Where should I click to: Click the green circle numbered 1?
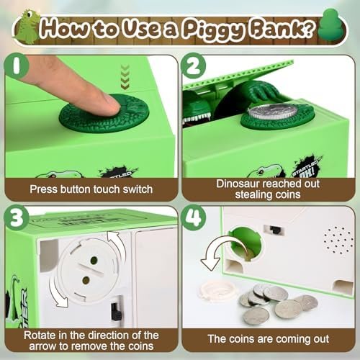point(17,66)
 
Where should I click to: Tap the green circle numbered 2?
point(194,66)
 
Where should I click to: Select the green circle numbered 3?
point(17,218)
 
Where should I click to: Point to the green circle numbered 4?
point(194,218)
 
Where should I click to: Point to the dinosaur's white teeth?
point(197,119)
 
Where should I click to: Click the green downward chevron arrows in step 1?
point(125,77)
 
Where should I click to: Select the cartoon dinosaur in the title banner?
point(27,27)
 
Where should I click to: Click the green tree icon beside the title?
point(331,24)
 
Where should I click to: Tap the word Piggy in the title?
point(212,30)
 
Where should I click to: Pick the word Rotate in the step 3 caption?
point(40,336)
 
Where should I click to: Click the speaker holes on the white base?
point(338,240)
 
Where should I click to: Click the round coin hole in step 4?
point(245,243)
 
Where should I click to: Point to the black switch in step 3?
point(117,311)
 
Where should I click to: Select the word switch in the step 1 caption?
point(138,189)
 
